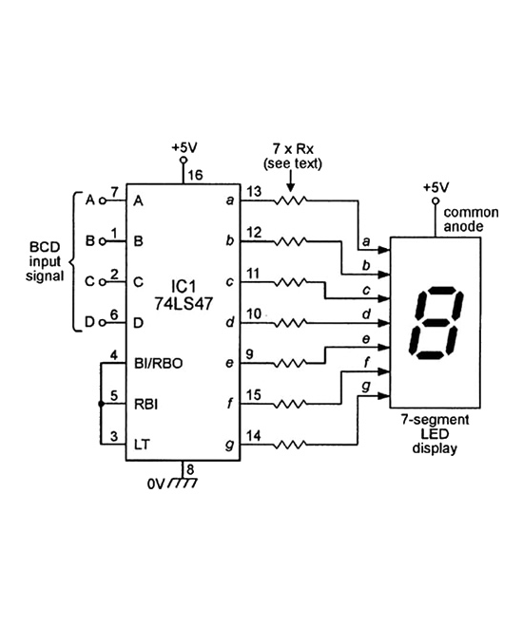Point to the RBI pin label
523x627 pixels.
coord(145,403)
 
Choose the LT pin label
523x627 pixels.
coord(141,444)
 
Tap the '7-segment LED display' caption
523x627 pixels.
coord(436,432)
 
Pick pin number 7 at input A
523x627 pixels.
coord(113,193)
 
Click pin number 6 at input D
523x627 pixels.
coord(113,314)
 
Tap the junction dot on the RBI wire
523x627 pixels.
coord(101,403)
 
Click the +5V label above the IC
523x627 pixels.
coord(185,148)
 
